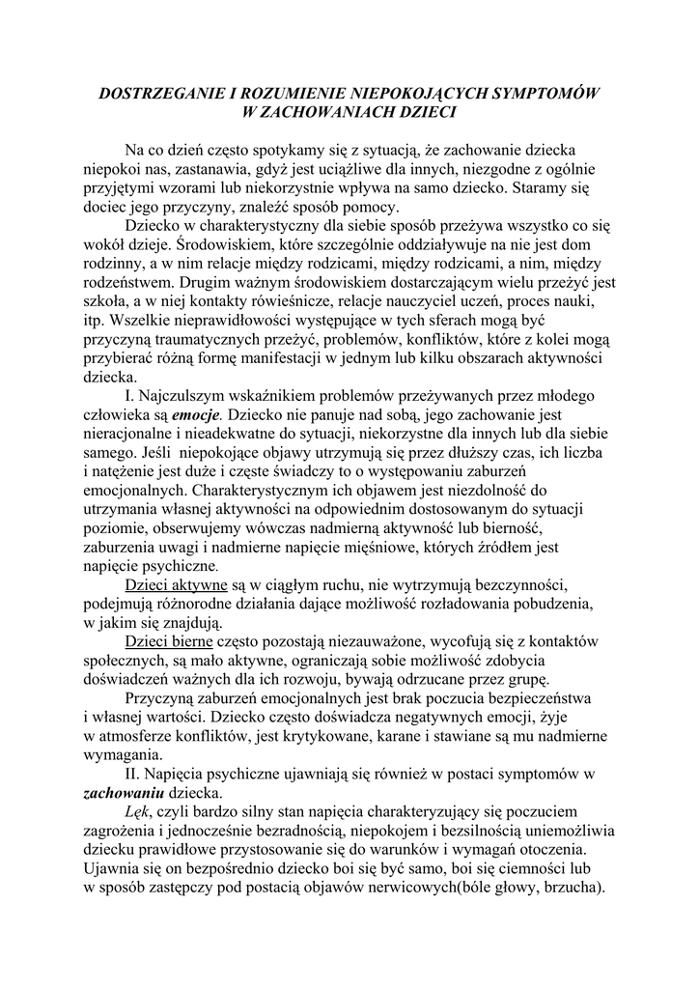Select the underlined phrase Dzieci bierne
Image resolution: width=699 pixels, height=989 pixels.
click(170, 641)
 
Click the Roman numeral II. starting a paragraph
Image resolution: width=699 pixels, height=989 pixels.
click(134, 774)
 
